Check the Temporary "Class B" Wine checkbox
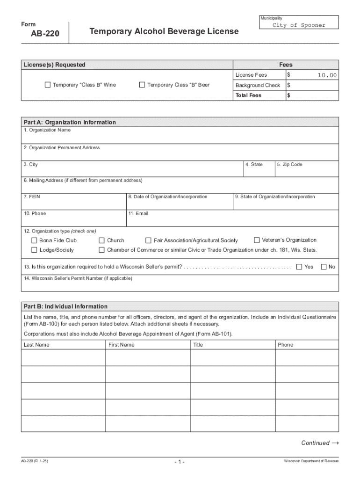point(47,85)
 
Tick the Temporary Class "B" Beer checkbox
point(142,85)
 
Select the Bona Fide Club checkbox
point(34,240)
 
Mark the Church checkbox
point(101,240)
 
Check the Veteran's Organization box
point(257,240)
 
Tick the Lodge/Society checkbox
point(34,250)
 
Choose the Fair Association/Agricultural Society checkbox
point(149,240)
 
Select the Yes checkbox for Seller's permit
point(299,267)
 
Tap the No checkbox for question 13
point(324,267)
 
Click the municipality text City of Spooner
point(299,25)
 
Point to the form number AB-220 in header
point(42,34)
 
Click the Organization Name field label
point(50,130)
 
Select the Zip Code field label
point(290,165)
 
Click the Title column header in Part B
point(198,345)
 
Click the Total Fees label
point(248,95)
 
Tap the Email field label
point(142,214)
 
